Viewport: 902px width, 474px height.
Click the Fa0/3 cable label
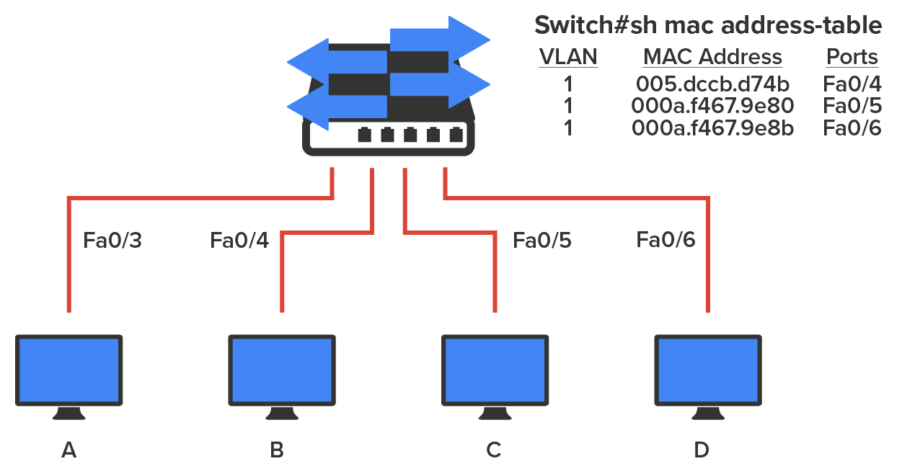pyautogui.click(x=112, y=241)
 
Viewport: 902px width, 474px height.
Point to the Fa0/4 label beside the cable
pyautogui.click(x=239, y=240)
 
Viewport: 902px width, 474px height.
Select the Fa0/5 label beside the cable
pyautogui.click(x=541, y=240)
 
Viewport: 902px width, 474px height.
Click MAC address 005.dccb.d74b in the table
pyautogui.click(x=712, y=82)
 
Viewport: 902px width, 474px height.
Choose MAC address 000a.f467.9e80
pyautogui.click(x=712, y=106)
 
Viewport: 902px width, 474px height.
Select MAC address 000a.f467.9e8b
pyautogui.click(x=712, y=129)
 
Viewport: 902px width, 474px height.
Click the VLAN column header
pyautogui.click(x=568, y=57)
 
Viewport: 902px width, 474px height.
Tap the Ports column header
pyautogui.click(x=852, y=57)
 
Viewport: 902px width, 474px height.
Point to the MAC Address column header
pyautogui.click(x=712, y=57)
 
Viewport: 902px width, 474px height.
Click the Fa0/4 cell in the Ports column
pyautogui.click(x=852, y=82)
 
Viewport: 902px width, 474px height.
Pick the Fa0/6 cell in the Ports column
pyautogui.click(x=852, y=129)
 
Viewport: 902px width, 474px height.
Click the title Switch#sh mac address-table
pyautogui.click(x=707, y=25)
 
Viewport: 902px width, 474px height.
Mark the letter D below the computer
pyautogui.click(x=702, y=450)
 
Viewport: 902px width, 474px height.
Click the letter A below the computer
pyautogui.click(x=68, y=450)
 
